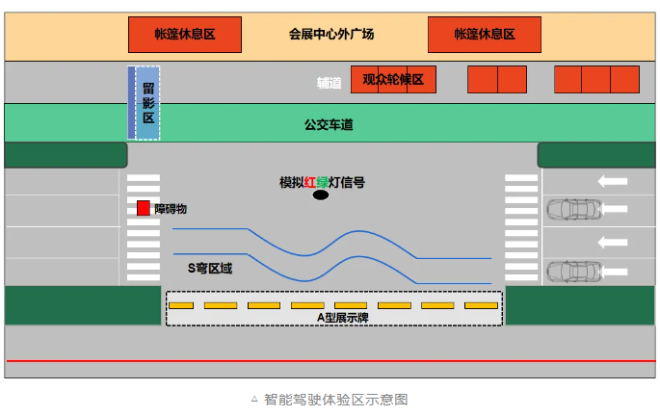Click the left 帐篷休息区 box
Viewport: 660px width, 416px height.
click(x=184, y=35)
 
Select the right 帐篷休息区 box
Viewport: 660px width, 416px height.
click(x=485, y=35)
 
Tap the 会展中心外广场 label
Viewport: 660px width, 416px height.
click(x=331, y=35)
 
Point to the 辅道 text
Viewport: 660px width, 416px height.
click(x=330, y=82)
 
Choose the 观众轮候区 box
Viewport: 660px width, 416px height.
click(x=393, y=80)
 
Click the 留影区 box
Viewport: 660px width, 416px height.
click(x=147, y=102)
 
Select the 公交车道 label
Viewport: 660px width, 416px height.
click(x=329, y=124)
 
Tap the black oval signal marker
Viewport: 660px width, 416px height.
click(x=320, y=195)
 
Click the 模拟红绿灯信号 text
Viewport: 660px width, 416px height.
click(x=322, y=182)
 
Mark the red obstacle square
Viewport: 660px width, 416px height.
click(x=144, y=208)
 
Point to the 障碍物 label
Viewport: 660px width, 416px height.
click(x=170, y=208)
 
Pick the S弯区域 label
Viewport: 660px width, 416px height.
click(x=209, y=268)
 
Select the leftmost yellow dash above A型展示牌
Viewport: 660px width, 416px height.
click(x=181, y=305)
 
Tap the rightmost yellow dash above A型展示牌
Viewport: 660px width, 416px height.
click(x=481, y=305)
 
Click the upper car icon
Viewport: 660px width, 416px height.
click(x=572, y=208)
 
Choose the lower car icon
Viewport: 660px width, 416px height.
click(x=572, y=271)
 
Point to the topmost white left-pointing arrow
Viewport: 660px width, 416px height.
click(x=612, y=180)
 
